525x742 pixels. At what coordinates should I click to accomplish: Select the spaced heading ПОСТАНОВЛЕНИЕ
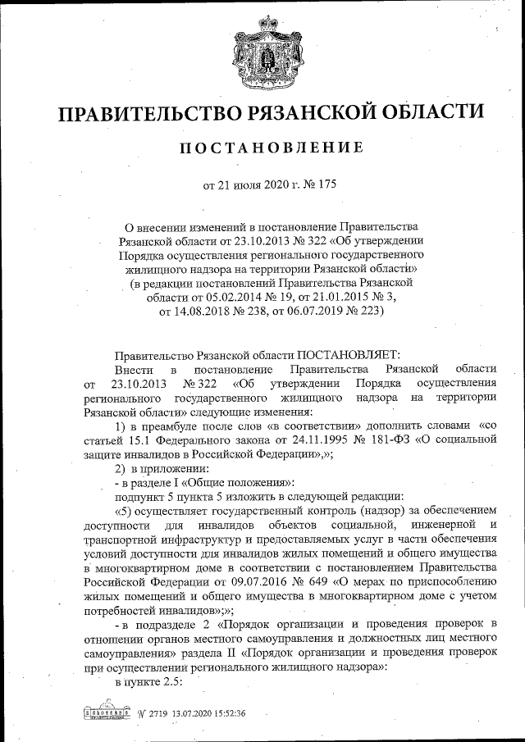pyautogui.click(x=268, y=148)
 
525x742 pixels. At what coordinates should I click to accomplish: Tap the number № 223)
pyautogui.click(x=360, y=312)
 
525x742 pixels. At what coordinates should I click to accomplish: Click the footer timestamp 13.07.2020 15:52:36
pyautogui.click(x=209, y=713)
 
